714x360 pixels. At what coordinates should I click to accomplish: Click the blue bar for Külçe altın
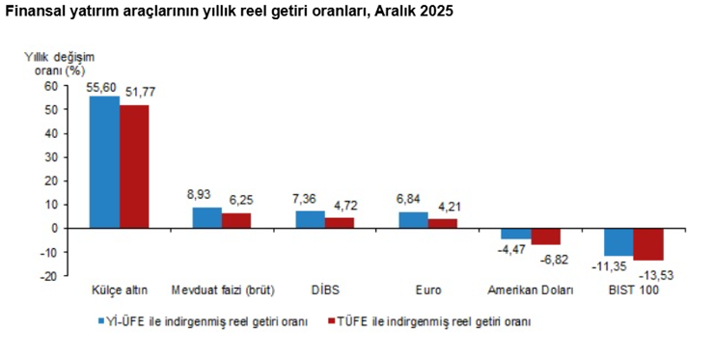[104, 162]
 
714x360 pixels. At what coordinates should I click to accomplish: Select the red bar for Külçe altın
[134, 166]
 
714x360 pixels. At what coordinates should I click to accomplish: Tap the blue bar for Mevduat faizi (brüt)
[207, 218]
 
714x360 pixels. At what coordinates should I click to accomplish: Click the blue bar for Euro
[414, 220]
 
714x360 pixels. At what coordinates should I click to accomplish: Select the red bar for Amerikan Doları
[546, 236]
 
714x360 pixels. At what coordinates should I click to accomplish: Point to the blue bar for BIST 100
[618, 241]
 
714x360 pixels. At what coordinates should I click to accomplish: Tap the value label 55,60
[102, 87]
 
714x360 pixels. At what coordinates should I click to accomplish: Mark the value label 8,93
[205, 195]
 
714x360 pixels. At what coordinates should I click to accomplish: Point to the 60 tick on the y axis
[51, 86]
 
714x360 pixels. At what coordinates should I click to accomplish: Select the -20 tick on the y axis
[49, 276]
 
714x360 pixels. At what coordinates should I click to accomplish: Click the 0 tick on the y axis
[54, 229]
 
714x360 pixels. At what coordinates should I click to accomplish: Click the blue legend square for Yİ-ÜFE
[101, 320]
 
